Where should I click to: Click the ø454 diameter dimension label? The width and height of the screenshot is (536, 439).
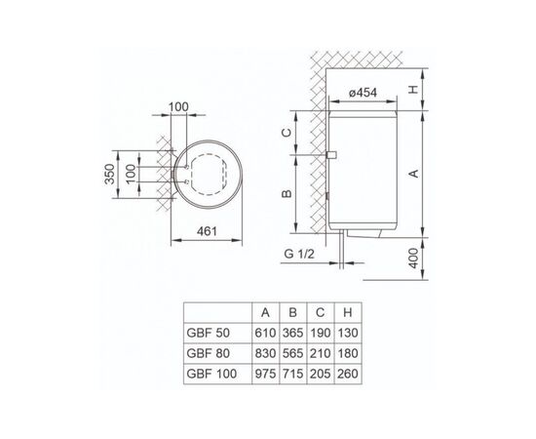coord(367,95)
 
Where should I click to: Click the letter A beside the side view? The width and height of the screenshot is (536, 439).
coord(412,173)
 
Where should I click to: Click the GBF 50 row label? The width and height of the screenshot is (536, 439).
coord(211,333)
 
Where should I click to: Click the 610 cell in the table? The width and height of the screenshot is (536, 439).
coord(265,333)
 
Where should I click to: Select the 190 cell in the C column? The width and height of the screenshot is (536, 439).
coord(321,333)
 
